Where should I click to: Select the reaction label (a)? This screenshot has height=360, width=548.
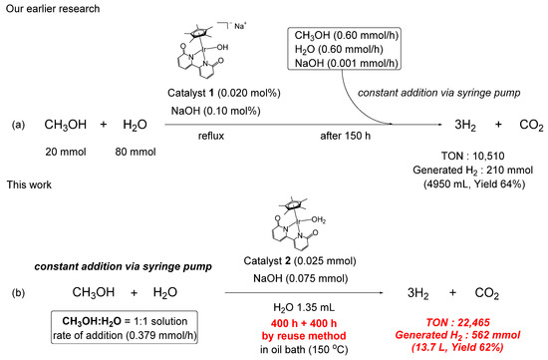(x=18, y=126)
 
